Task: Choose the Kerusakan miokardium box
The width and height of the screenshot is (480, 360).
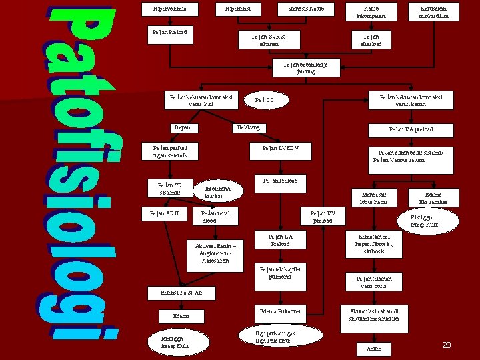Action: tap(434, 13)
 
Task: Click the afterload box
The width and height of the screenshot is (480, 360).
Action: tap(372, 40)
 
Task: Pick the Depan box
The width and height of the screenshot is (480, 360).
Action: tap(183, 128)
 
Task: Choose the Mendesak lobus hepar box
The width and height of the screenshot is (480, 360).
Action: tap(373, 197)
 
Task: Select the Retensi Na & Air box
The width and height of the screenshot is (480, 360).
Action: tap(182, 293)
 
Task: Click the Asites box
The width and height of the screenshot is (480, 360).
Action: tap(374, 348)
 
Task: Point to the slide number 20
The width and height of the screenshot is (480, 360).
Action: tap(447, 345)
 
